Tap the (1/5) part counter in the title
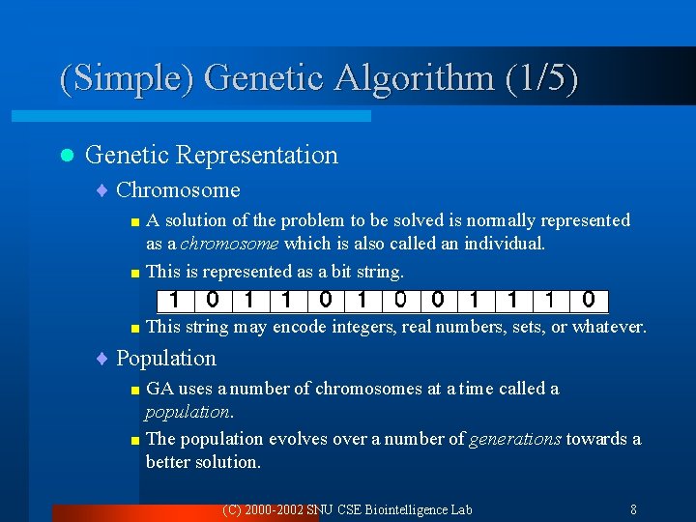(x=541, y=77)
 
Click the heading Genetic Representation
(x=212, y=155)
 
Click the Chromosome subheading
(x=178, y=190)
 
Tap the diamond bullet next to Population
(x=103, y=359)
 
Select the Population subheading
(x=166, y=359)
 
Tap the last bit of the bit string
(x=588, y=300)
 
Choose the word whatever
(x=608, y=327)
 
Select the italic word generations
(x=514, y=439)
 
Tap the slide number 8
(x=632, y=509)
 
